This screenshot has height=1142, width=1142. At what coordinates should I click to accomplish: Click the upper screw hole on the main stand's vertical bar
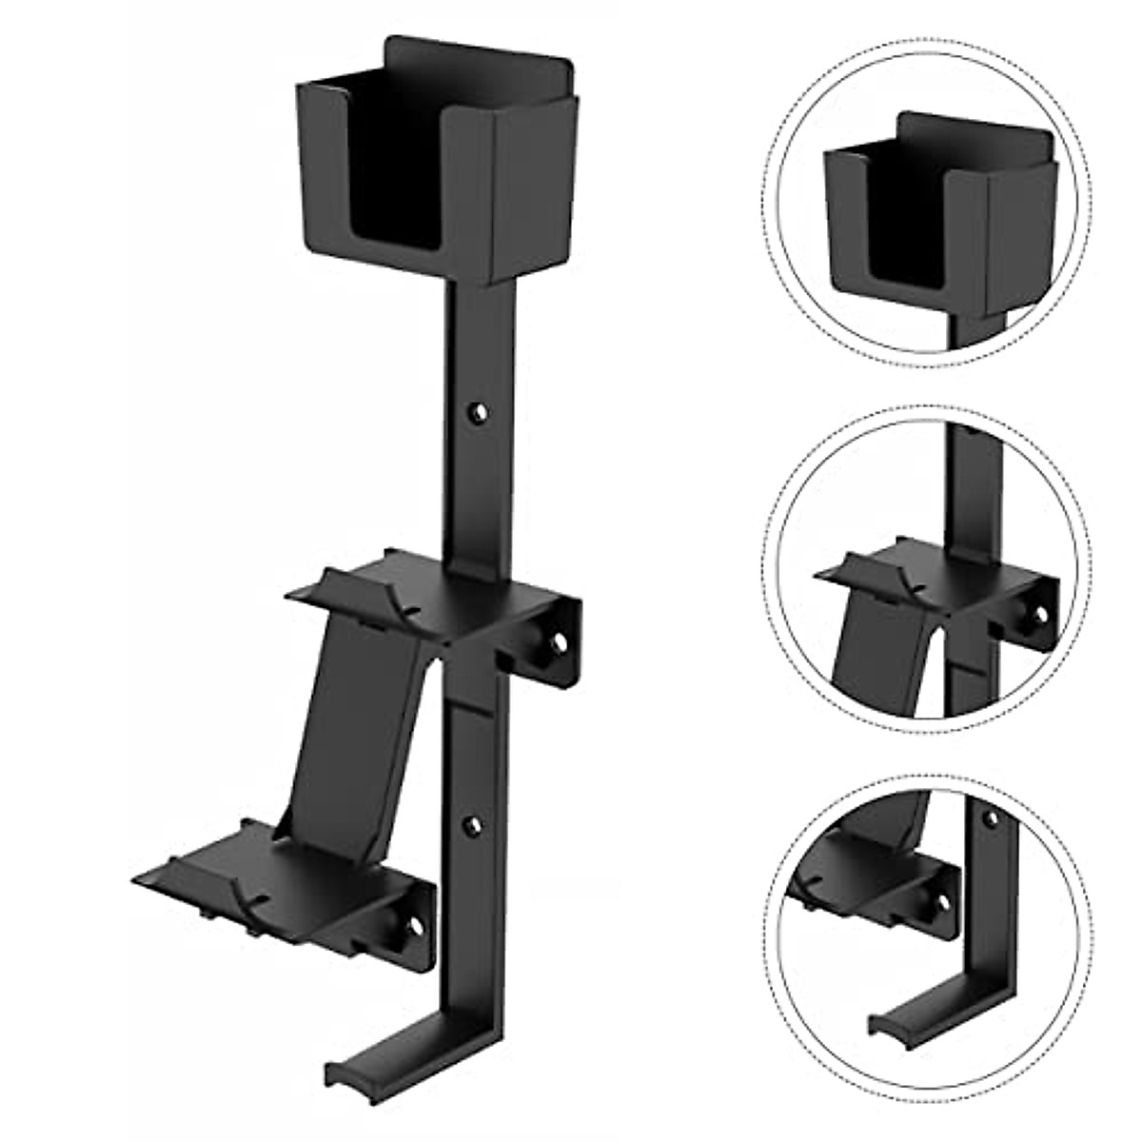(477, 412)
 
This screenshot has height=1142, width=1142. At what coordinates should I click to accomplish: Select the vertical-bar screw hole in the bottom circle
(991, 819)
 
